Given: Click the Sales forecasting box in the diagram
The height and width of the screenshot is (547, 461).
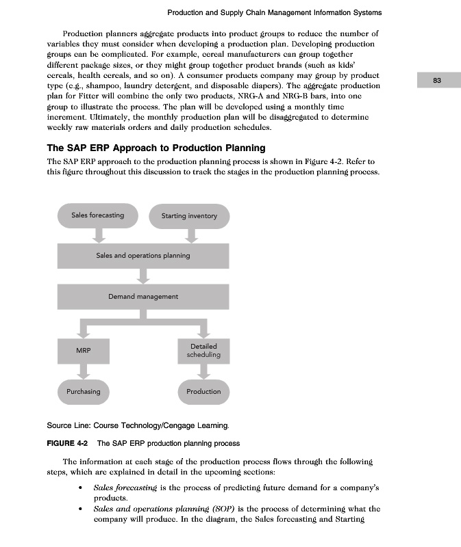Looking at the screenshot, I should point(98,215).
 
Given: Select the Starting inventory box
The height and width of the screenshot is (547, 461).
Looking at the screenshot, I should point(189,216).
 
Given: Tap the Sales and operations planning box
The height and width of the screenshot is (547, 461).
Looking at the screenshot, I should point(143,256).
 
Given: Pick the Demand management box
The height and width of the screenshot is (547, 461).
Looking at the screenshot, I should point(143,297).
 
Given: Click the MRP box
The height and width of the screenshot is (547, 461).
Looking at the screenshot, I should point(84,351).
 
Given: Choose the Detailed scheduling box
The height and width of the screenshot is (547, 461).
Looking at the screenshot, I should point(203,351).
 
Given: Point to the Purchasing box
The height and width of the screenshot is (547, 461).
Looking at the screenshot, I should point(84,392).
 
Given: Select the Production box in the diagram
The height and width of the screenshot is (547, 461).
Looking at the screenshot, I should point(203,392).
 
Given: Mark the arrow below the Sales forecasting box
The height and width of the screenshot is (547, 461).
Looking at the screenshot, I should point(98,235).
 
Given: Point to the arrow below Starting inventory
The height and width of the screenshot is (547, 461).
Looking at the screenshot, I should point(192,235).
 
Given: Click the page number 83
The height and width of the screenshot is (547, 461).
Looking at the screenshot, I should point(437,81).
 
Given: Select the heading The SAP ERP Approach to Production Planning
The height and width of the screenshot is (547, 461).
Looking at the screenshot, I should point(155,148).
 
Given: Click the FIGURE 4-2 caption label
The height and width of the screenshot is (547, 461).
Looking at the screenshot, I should point(68,443).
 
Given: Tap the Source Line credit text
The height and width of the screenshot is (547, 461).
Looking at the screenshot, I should point(132,425).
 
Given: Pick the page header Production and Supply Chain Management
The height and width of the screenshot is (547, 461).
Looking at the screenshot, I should point(274,12).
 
